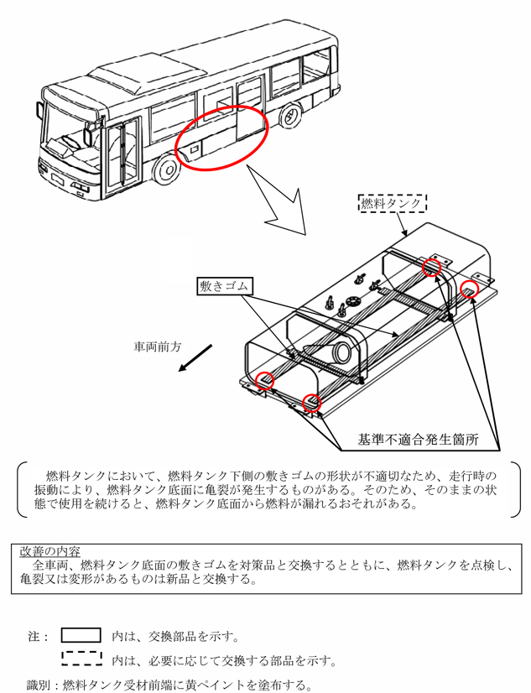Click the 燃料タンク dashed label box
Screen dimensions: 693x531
(x=393, y=204)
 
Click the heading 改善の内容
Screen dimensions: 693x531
(x=50, y=551)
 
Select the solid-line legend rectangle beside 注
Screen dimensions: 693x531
(x=81, y=635)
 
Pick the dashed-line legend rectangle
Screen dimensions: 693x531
(x=81, y=659)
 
